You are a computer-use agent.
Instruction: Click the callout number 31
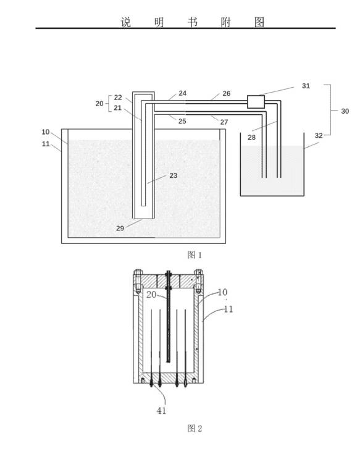click(306, 86)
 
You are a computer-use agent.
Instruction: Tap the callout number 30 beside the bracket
click(345, 111)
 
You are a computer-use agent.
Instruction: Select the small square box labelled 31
click(256, 102)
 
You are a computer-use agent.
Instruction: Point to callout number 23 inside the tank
click(174, 175)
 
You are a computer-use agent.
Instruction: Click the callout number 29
click(120, 228)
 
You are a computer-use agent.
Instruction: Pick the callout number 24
click(182, 93)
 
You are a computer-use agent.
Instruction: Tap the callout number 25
click(182, 121)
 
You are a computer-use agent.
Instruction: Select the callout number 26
click(226, 93)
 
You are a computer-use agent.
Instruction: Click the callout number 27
click(224, 122)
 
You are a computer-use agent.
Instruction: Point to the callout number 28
click(251, 138)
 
